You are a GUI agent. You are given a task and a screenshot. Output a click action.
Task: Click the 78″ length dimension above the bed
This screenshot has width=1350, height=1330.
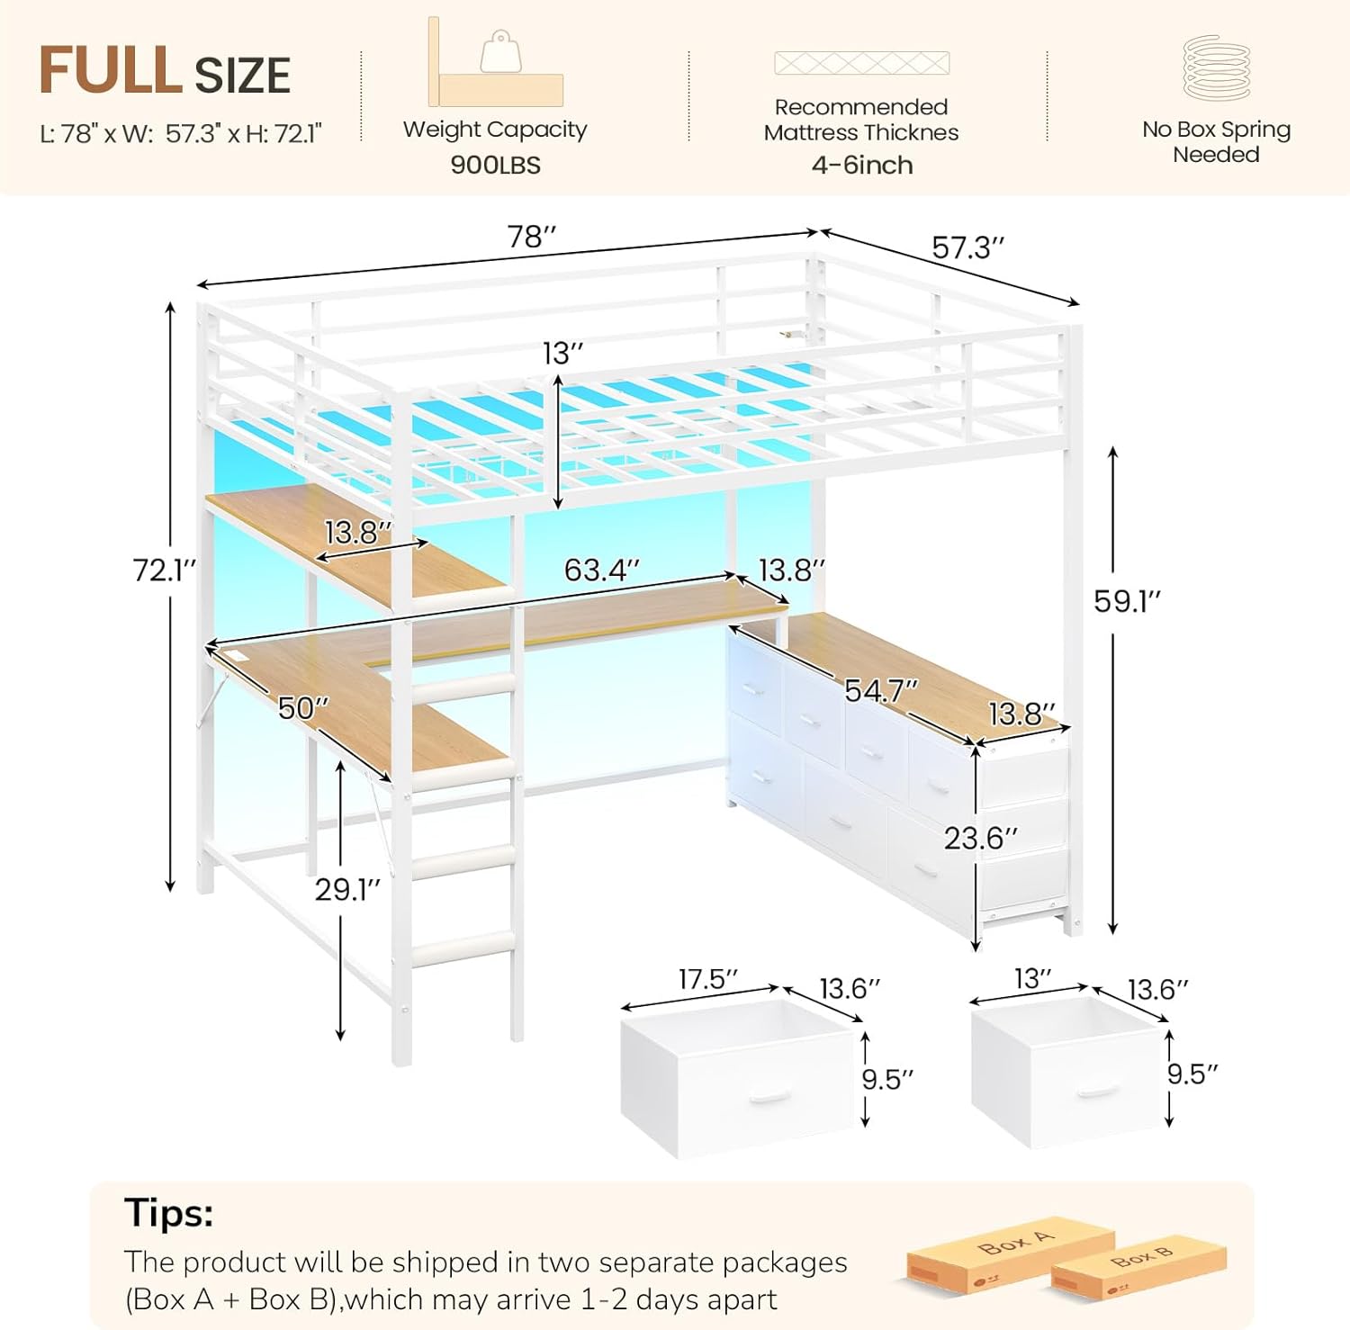pyautogui.click(x=532, y=237)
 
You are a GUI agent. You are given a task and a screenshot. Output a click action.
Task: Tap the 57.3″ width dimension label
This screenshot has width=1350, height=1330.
pyautogui.click(x=968, y=247)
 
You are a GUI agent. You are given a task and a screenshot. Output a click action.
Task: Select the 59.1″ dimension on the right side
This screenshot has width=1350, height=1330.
pyautogui.click(x=1128, y=601)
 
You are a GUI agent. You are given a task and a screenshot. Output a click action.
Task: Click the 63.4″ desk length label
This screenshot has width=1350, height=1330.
pyautogui.click(x=602, y=570)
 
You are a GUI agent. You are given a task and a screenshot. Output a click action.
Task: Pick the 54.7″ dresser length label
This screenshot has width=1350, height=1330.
pyautogui.click(x=881, y=690)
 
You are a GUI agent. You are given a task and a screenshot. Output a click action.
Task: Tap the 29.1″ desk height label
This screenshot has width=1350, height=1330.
pyautogui.click(x=347, y=889)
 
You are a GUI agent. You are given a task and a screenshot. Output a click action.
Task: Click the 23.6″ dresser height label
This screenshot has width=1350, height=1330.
pyautogui.click(x=980, y=839)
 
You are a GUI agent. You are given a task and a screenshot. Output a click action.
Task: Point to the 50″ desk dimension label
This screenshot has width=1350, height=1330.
pyautogui.click(x=303, y=708)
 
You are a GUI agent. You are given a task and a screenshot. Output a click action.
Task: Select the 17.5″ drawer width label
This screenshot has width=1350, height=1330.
pyautogui.click(x=708, y=979)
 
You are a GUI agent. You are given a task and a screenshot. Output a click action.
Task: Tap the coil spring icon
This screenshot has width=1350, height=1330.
pyautogui.click(x=1217, y=67)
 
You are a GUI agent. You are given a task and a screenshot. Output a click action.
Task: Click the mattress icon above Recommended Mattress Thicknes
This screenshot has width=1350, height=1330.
pyautogui.click(x=861, y=63)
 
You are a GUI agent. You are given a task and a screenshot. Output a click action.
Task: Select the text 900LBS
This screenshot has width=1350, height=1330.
pyautogui.click(x=496, y=166)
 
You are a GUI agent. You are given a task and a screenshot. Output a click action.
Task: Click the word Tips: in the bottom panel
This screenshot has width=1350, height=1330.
pyautogui.click(x=169, y=1212)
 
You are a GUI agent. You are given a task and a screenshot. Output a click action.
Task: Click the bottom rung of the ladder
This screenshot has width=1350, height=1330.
pyautogui.click(x=463, y=948)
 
